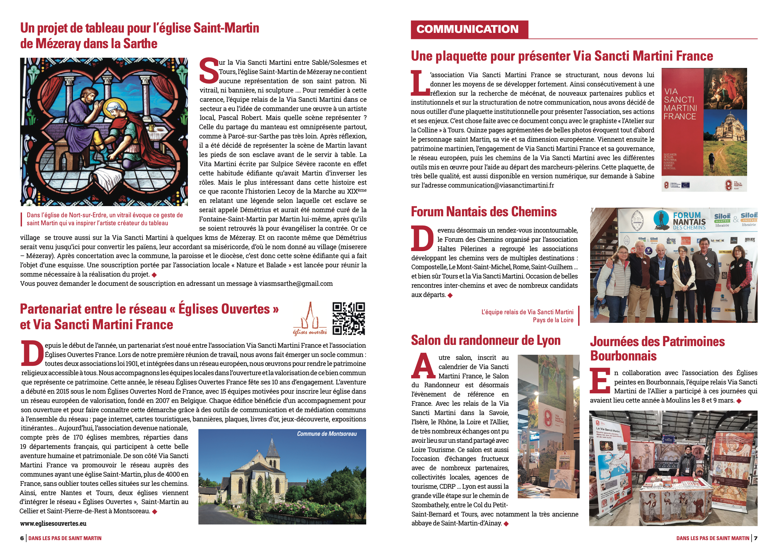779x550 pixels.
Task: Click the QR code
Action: (348, 318)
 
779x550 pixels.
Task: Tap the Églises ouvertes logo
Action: (310, 319)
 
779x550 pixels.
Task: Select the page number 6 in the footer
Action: (22, 538)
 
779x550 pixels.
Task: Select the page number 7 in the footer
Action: (756, 538)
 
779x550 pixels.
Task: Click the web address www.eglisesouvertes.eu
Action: (53, 523)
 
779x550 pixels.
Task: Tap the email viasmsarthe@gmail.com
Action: (295, 284)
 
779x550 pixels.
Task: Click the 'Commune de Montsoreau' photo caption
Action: (327, 434)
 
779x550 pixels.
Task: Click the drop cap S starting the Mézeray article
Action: (208, 70)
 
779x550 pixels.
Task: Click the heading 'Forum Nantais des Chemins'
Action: (484, 212)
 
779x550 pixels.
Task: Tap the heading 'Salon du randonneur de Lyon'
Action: (486, 340)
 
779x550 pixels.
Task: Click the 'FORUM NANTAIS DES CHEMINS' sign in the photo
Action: (689, 221)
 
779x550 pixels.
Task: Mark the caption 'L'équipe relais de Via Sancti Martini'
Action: (527, 312)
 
